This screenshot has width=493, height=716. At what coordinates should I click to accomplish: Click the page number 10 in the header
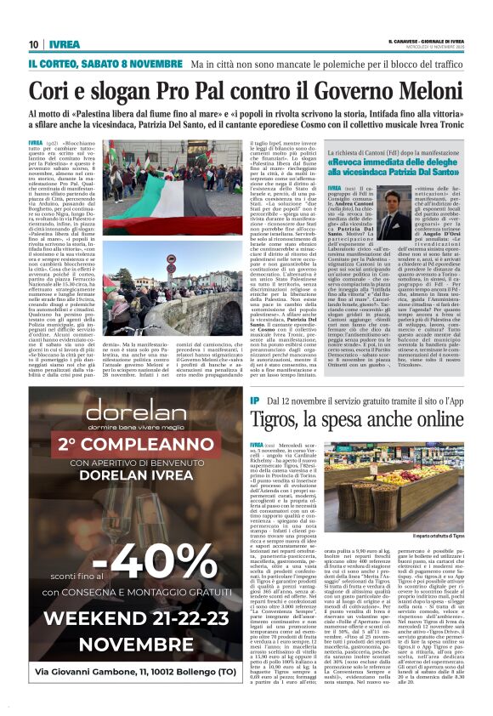(x=33, y=44)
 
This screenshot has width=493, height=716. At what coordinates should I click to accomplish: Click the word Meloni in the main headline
(x=422, y=93)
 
